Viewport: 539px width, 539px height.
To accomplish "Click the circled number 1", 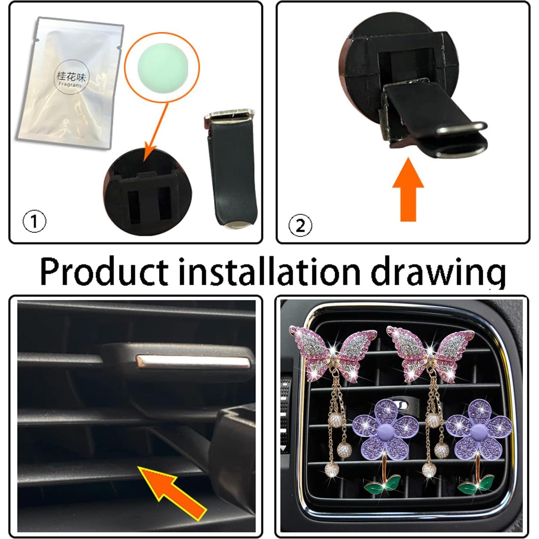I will pyautogui.click(x=35, y=222).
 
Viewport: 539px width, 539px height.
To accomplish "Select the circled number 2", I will pyautogui.click(x=300, y=225).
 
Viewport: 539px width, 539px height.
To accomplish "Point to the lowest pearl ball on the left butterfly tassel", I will pyautogui.click(x=332, y=469).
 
